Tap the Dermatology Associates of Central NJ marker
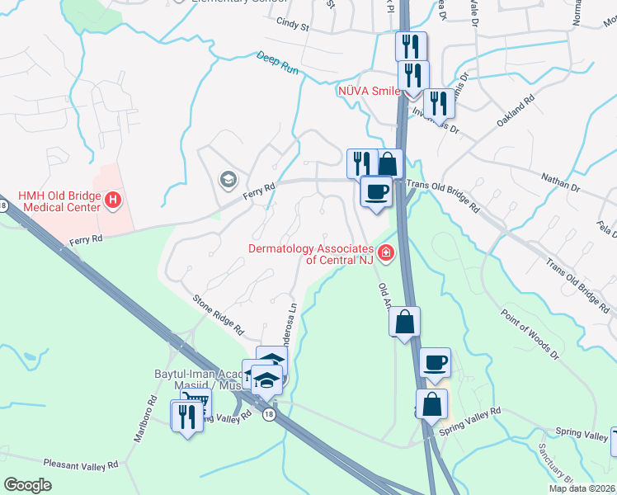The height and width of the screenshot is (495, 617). click(384, 252)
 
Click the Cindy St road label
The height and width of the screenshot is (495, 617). click(293, 26)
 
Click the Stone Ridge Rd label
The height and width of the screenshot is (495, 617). click(219, 314)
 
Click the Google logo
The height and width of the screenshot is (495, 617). click(28, 485)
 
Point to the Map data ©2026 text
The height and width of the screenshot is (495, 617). click(582, 488)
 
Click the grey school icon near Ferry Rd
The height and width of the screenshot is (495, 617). click(226, 179)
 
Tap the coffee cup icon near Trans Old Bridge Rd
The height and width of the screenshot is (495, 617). click(376, 191)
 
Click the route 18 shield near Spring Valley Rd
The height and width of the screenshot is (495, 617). click(269, 415)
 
